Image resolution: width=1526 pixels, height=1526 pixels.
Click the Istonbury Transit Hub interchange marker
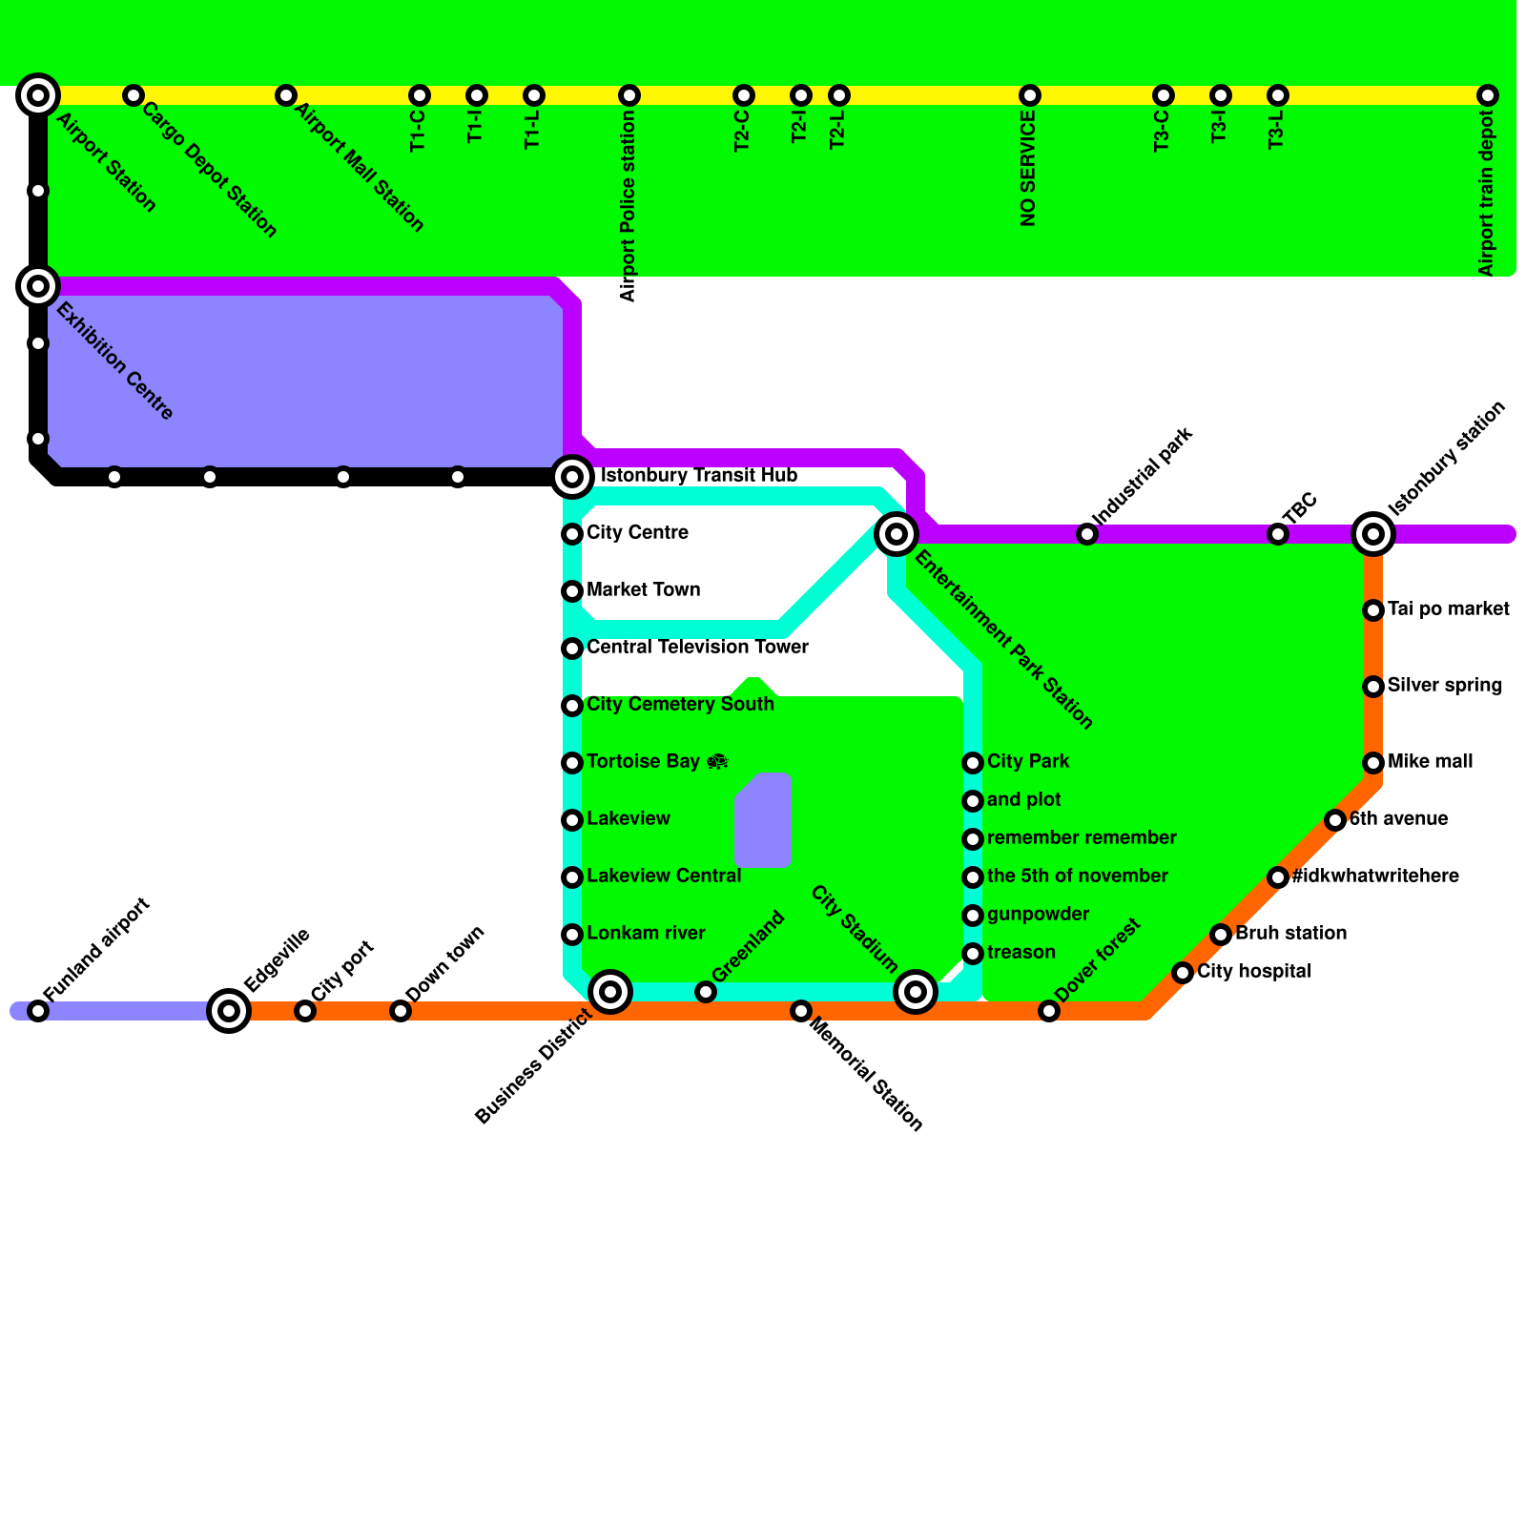(x=572, y=476)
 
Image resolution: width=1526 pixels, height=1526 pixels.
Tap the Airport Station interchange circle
(x=38, y=94)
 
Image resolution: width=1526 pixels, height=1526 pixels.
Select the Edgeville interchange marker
(x=229, y=1010)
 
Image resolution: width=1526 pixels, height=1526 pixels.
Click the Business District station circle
(x=610, y=992)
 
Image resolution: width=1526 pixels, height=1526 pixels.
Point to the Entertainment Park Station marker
(x=897, y=533)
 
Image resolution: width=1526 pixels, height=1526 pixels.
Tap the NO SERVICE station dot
(x=1029, y=95)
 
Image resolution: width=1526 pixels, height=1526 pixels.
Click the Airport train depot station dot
(x=1487, y=95)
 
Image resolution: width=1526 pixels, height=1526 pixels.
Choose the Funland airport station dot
(x=38, y=1010)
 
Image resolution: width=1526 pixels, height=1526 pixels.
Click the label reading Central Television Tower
(x=697, y=648)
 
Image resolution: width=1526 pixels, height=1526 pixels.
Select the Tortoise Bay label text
(x=644, y=762)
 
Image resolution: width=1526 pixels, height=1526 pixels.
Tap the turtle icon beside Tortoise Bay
(x=718, y=762)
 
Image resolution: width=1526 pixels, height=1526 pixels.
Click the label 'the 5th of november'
(x=1078, y=876)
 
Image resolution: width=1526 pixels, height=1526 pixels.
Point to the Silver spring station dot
(x=1373, y=686)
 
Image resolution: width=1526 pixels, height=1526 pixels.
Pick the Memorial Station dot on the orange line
(x=801, y=1010)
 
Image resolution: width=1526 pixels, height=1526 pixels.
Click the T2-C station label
(x=743, y=132)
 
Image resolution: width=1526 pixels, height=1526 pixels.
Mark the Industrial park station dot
(x=1087, y=533)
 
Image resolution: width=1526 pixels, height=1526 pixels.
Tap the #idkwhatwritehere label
(x=1375, y=876)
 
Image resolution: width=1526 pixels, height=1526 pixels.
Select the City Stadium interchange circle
(x=916, y=992)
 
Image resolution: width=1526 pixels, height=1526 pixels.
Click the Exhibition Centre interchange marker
(x=38, y=285)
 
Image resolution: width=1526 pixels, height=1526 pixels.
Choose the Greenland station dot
(x=706, y=992)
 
